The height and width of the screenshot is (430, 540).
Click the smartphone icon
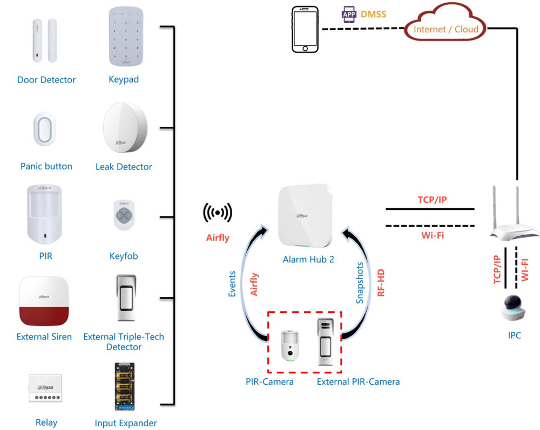pyautogui.click(x=306, y=30)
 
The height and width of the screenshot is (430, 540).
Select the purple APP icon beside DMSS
pyautogui.click(x=349, y=15)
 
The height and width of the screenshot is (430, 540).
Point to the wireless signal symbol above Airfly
pyautogui.click(x=218, y=213)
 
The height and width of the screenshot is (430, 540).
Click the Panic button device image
pyautogui.click(x=46, y=129)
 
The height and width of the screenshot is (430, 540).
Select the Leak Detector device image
pyautogui.click(x=125, y=129)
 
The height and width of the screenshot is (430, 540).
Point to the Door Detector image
pyautogui.click(x=45, y=41)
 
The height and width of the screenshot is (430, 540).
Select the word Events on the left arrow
pyautogui.click(x=232, y=284)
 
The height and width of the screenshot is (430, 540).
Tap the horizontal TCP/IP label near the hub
pyautogui.click(x=432, y=200)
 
